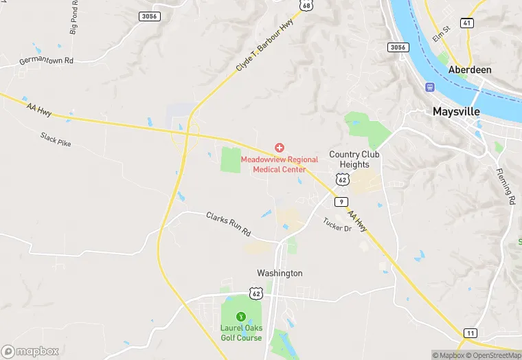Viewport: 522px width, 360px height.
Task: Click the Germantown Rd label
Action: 46,60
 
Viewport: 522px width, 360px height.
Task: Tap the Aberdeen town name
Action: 468,70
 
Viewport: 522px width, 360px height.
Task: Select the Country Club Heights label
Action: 354,159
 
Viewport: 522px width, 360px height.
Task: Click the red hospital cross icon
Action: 280,148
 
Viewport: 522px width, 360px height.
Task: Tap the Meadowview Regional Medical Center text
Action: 280,164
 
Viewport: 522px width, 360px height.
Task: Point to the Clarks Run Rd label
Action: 229,224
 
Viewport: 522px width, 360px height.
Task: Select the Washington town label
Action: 280,273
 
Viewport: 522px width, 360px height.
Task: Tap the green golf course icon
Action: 240,317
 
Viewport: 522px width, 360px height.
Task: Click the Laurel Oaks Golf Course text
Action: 240,333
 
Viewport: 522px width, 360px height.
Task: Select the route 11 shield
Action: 469,333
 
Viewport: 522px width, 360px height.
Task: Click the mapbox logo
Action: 31,351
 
